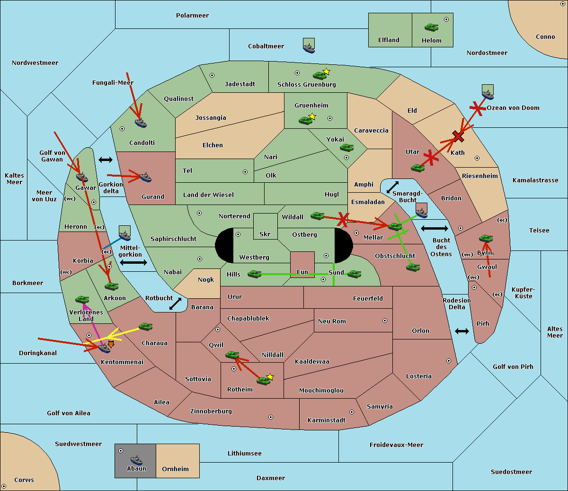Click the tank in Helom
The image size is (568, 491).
[431, 27]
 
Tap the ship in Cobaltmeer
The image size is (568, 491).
[309, 46]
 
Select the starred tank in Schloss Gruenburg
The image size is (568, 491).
[319, 75]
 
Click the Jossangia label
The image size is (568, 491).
[211, 118]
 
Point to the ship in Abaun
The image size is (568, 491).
[136, 460]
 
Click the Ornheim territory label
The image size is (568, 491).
[175, 469]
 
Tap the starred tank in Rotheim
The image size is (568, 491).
[264, 380]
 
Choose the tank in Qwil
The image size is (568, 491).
[232, 355]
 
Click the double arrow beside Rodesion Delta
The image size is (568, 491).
[462, 331]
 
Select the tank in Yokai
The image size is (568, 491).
[346, 148]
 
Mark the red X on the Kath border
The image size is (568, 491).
[458, 136]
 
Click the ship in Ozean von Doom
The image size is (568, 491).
[487, 91]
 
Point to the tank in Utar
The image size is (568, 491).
[417, 168]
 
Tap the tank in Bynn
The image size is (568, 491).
[486, 239]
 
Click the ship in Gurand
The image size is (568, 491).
[145, 178]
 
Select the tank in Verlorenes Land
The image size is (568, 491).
[82, 299]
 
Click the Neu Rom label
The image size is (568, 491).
[332, 321]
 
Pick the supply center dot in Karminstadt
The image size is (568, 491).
[352, 412]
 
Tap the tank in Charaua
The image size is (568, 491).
[145, 326]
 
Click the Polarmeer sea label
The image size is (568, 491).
[192, 16]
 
